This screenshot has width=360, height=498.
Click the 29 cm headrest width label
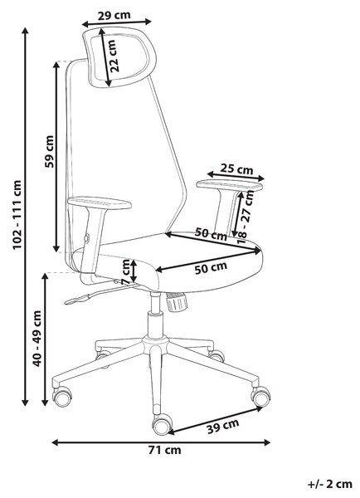pos(114,15)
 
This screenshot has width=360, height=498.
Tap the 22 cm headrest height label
pos(114,56)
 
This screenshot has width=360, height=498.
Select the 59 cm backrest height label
pos(49,152)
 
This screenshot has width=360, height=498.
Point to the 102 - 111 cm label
pos(17,215)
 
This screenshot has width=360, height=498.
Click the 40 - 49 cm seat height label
pos(37,339)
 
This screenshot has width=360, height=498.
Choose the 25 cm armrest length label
pos(237,168)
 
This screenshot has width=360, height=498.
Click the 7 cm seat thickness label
pos(126,272)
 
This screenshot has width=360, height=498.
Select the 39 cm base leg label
pos(222,426)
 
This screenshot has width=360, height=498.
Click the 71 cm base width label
pos(165,450)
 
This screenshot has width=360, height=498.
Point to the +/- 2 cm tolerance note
pos(330,484)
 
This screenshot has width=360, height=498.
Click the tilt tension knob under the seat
pos(177,302)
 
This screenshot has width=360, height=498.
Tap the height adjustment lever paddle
pos(77,299)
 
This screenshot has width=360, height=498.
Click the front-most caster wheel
pos(163,425)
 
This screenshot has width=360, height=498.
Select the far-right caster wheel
pos(261,395)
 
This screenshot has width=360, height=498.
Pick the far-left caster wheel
pos(62,397)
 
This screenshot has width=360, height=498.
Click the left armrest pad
pos(100,203)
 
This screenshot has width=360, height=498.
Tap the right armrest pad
pos(230,185)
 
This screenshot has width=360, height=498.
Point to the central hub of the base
pos(155,344)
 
